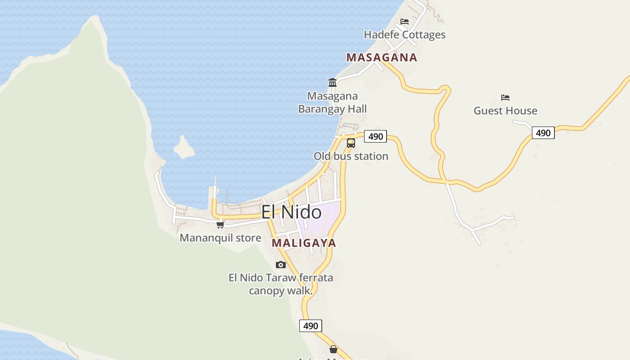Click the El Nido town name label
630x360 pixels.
click(x=292, y=212)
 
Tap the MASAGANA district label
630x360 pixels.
click(x=382, y=58)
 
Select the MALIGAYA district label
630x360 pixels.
click(x=304, y=243)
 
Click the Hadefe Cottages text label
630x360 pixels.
click(x=405, y=35)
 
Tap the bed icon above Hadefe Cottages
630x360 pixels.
click(x=405, y=22)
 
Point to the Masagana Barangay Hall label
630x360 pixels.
click(x=333, y=102)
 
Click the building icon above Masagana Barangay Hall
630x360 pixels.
click(x=333, y=82)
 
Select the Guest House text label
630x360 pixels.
click(x=505, y=111)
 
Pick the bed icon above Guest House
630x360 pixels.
click(x=505, y=98)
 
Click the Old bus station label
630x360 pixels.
click(x=351, y=156)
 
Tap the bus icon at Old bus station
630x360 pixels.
click(x=351, y=143)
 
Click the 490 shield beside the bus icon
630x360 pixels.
click(x=375, y=136)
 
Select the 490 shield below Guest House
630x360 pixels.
click(x=543, y=133)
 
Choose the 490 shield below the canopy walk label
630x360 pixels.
click(x=310, y=326)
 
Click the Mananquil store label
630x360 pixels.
click(x=220, y=238)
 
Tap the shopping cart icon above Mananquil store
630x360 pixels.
click(x=220, y=225)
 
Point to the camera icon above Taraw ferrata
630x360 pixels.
click(x=281, y=265)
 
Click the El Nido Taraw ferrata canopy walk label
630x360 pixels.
click(x=281, y=284)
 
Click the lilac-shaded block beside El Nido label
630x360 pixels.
click(x=320, y=220)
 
